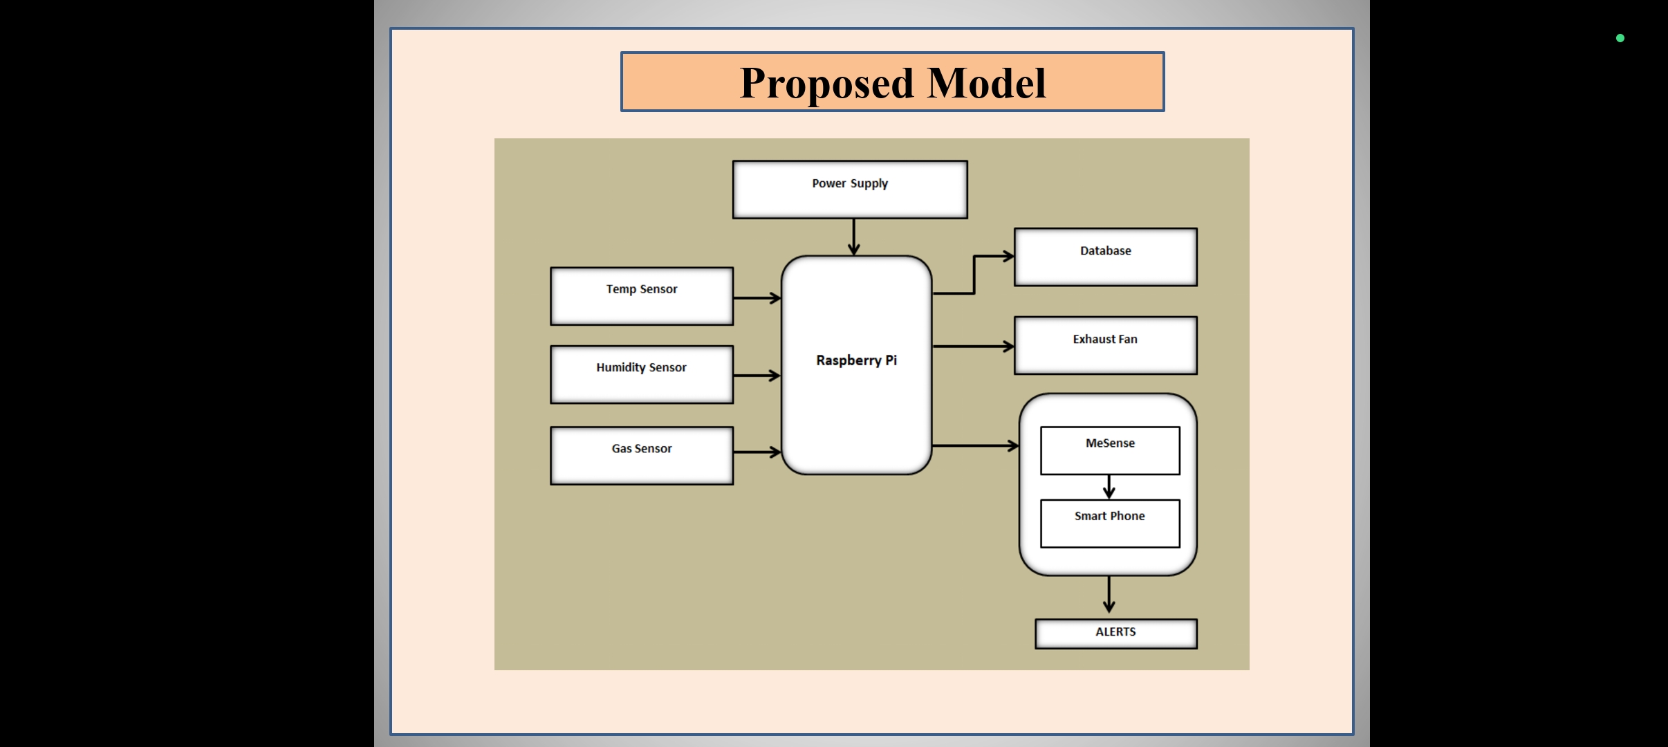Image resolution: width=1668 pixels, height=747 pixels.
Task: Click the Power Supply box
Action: (x=850, y=190)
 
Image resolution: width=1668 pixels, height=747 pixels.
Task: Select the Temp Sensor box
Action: (x=642, y=296)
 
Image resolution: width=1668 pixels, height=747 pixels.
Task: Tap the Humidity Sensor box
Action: (x=642, y=374)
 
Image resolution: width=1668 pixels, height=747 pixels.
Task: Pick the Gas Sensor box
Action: (x=642, y=455)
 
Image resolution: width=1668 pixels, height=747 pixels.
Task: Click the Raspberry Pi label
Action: (x=856, y=360)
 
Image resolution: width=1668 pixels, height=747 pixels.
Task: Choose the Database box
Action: (x=1106, y=257)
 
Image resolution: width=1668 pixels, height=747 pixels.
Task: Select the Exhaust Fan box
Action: (x=1106, y=345)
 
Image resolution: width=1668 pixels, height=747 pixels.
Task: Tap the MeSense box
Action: (x=1110, y=450)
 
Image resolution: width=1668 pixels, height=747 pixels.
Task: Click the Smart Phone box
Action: (x=1110, y=524)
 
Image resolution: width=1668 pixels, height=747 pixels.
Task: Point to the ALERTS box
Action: (x=1116, y=634)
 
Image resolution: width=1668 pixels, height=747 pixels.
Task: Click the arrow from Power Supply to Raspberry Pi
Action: (x=854, y=237)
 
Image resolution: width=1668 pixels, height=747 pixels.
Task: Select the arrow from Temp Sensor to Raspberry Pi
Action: (x=757, y=298)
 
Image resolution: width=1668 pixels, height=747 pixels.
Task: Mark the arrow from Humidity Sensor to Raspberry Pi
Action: (x=757, y=376)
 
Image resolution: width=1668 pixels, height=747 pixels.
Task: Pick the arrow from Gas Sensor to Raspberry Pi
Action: (x=757, y=452)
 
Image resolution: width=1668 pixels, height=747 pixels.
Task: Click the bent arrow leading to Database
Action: (x=974, y=275)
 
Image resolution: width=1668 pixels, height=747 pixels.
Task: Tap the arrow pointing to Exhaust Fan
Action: (x=973, y=346)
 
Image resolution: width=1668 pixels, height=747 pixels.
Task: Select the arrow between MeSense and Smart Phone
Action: (x=1109, y=487)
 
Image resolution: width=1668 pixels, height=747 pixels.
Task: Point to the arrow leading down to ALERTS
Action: (x=1109, y=594)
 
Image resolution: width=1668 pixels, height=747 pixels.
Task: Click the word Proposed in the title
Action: (x=827, y=84)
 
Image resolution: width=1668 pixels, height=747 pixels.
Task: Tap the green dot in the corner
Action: (x=1620, y=38)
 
